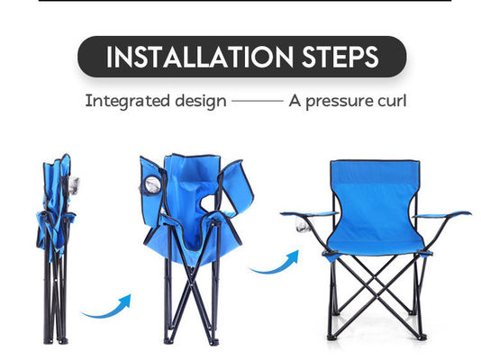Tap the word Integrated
pos(125,100)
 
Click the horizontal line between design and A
pos(257,101)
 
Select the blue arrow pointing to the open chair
pos(274,263)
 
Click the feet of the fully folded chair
pos(57,339)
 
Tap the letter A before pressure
pos(295,100)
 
